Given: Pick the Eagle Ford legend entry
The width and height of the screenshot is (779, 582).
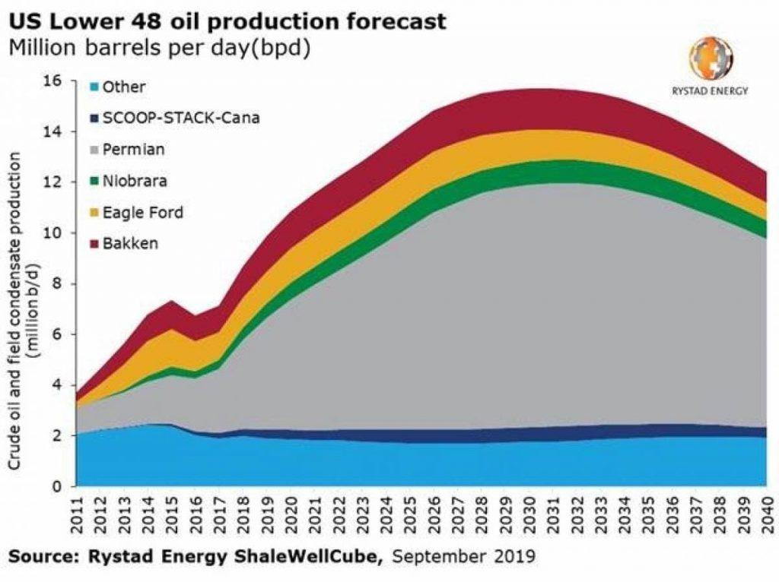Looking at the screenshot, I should point(142,213).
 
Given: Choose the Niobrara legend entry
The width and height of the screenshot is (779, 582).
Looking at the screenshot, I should point(136,181).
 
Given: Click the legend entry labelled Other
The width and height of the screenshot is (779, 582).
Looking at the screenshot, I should point(123,87).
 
